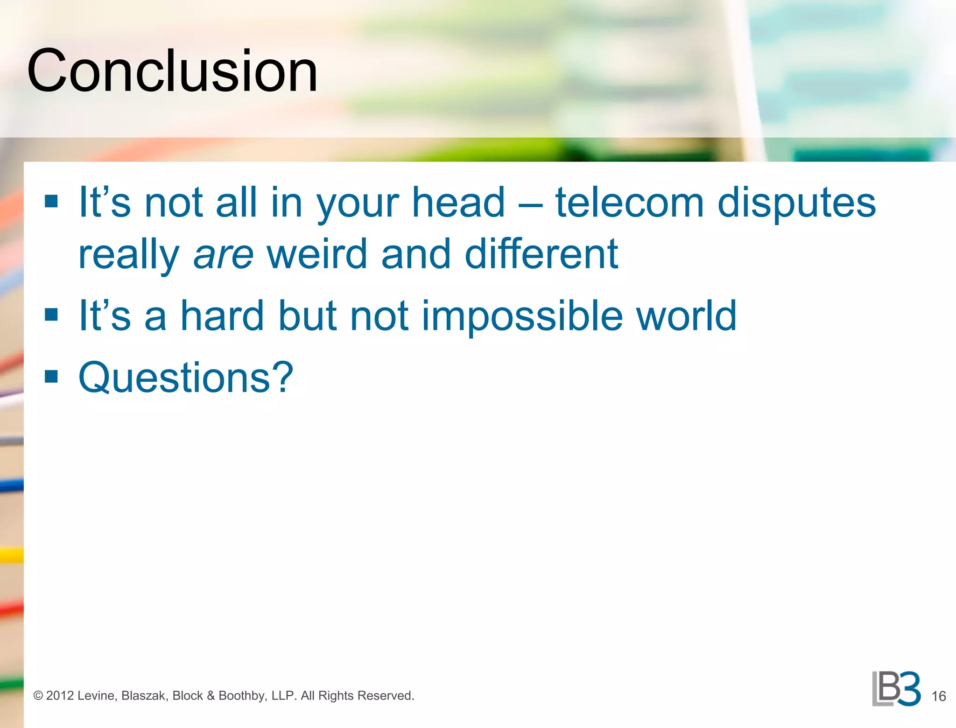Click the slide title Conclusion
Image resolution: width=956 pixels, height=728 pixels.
pos(172,71)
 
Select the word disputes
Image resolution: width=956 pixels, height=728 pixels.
pos(796,203)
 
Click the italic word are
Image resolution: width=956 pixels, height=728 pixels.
pos(223,255)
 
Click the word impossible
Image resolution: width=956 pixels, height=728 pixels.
pos(522,317)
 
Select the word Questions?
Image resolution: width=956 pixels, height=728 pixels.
pos(186,378)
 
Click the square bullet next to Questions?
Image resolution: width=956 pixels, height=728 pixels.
pos(51,376)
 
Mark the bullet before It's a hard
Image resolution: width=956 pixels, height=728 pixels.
pos(51,315)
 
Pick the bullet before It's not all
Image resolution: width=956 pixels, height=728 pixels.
pos(51,201)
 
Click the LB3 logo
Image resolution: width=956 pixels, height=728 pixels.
pos(896,689)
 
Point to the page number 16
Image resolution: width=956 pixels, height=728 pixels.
pos(938,696)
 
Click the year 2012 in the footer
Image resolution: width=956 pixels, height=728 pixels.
pos(60,696)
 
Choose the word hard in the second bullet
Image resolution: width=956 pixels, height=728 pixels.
pos(222,316)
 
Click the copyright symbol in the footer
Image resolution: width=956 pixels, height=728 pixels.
pos(38,696)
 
